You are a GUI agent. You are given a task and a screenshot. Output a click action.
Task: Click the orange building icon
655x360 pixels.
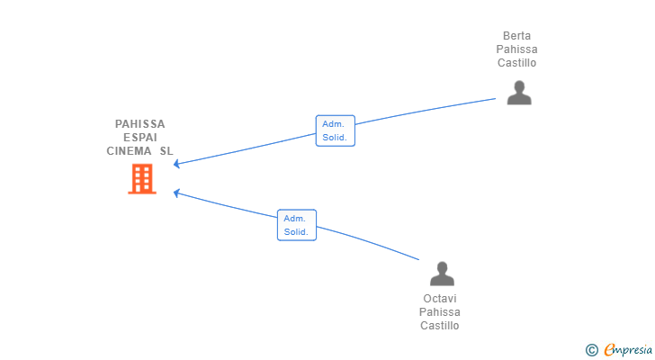(141, 179)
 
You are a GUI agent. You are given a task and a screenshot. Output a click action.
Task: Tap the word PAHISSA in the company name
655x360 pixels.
(140, 124)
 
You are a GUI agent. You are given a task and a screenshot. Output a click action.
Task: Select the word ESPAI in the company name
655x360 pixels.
(140, 138)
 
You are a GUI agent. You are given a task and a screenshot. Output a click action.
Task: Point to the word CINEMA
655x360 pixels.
(130, 151)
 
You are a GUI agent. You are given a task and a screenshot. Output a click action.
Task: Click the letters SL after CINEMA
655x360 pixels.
(166, 151)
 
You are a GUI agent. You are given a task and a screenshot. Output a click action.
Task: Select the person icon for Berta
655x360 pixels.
(518, 93)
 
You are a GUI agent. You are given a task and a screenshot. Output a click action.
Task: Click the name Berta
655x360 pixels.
(517, 36)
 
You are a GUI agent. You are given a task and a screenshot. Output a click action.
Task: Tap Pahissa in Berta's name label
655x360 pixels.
(517, 49)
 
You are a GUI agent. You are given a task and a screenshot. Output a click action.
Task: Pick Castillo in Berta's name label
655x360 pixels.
(517, 63)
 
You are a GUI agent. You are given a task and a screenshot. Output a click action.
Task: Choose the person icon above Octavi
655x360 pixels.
(441, 274)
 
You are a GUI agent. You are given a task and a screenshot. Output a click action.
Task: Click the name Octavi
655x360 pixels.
(440, 299)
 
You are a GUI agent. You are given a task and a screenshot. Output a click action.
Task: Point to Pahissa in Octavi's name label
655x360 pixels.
(440, 312)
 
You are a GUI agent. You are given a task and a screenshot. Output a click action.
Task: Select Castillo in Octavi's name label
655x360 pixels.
(440, 326)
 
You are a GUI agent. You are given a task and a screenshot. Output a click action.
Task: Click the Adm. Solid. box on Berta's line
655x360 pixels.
(336, 130)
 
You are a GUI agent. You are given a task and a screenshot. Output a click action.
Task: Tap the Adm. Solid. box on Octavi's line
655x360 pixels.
(296, 225)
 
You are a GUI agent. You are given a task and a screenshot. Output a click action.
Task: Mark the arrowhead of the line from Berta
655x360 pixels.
(176, 164)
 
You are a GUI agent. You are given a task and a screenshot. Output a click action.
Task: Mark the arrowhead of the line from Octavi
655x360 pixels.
(176, 192)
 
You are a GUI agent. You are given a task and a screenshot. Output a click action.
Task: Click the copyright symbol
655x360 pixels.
(591, 349)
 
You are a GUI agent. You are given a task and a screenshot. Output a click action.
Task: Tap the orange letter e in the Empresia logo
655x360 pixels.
(610, 349)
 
